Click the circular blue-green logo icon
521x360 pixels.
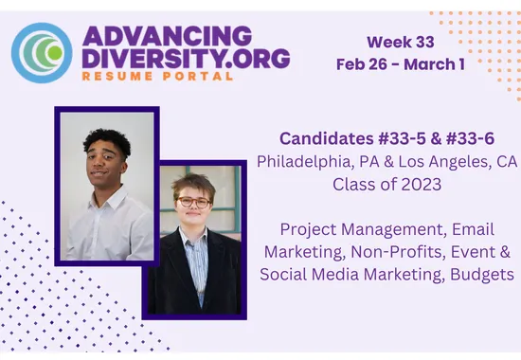[x=42, y=51]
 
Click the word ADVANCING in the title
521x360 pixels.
[x=167, y=37]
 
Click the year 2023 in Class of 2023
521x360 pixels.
[x=419, y=184]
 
